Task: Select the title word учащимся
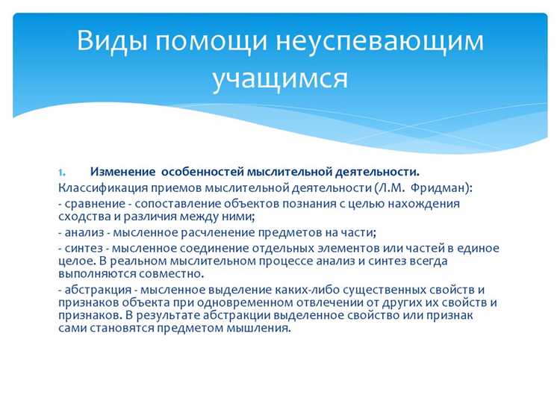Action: coord(280,78)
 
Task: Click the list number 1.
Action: coord(63,173)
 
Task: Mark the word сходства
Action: coord(81,216)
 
